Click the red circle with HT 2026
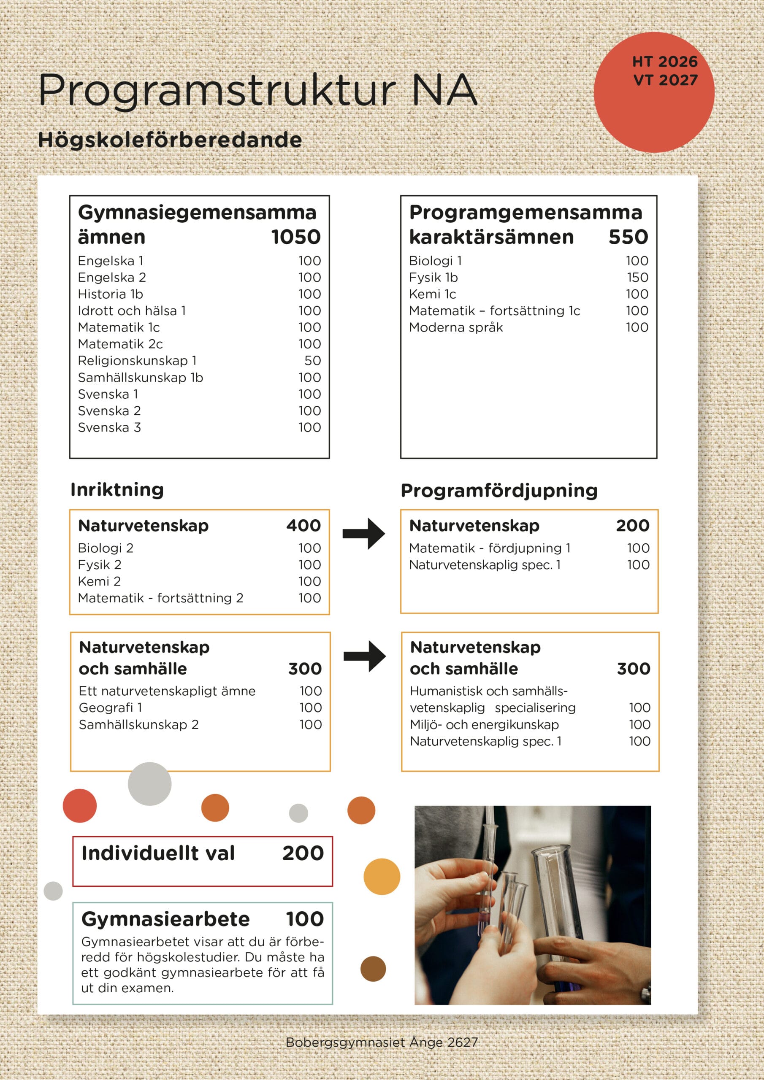654,92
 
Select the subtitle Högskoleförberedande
169,140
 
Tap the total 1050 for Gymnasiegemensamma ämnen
295,237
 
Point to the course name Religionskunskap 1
137,361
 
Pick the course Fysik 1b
433,278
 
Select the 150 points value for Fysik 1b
637,278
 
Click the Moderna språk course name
456,327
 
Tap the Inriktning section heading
117,490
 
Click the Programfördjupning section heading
499,491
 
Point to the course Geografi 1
110,708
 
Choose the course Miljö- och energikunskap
484,725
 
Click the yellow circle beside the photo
382,876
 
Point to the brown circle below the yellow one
373,969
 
